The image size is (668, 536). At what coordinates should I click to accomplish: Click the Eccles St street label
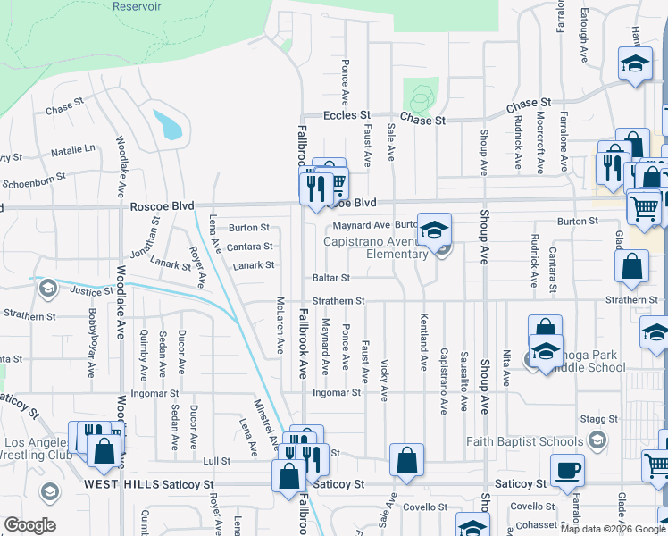tap(347, 116)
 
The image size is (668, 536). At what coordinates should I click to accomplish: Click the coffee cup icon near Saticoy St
tap(567, 469)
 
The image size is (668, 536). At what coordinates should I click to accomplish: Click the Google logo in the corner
tap(30, 526)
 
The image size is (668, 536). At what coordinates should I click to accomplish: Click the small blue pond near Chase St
tap(169, 125)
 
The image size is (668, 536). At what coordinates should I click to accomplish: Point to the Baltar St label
tap(330, 278)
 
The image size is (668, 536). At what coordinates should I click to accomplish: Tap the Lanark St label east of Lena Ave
tap(253, 265)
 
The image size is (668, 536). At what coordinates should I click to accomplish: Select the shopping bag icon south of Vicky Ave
tap(406, 461)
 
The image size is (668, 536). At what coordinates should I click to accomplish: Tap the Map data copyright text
tap(613, 529)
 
